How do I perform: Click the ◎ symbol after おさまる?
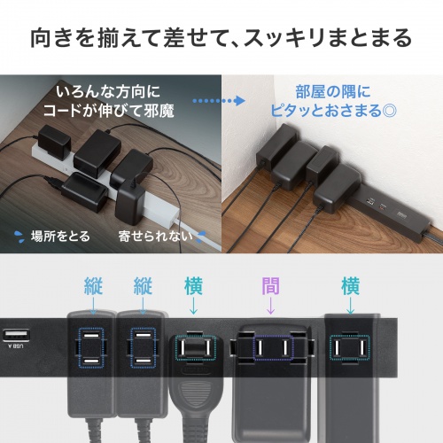tap(389, 112)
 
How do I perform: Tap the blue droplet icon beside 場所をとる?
tap(19, 237)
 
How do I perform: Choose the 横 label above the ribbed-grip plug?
tap(194, 287)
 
